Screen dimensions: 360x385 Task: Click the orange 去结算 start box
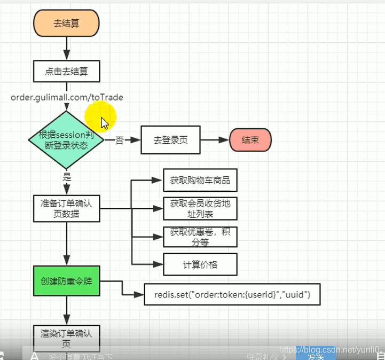click(66, 24)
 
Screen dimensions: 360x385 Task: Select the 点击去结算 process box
click(66, 71)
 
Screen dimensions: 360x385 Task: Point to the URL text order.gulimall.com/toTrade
click(67, 97)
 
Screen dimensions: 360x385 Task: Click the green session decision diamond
click(66, 140)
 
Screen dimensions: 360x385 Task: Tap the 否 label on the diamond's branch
click(120, 140)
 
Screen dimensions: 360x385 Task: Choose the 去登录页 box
click(170, 140)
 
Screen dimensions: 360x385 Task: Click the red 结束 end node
click(250, 140)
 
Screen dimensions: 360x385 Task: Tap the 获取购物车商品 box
click(200, 181)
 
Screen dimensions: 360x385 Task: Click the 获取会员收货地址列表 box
click(200, 208)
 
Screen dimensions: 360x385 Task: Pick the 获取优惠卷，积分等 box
click(200, 237)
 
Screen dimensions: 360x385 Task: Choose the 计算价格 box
click(200, 264)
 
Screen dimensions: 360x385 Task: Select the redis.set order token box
click(232, 294)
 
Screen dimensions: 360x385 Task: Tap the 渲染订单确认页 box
click(66, 338)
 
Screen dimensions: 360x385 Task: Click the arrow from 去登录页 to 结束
click(214, 140)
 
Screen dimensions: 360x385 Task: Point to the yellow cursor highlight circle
click(101, 116)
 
